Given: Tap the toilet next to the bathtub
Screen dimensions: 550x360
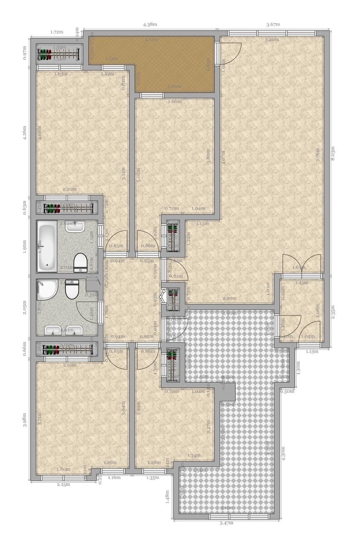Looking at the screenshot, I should [x=80, y=262].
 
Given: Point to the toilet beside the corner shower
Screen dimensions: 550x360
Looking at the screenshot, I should [x=72, y=290].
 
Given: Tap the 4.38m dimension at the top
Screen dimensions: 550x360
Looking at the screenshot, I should [x=150, y=24].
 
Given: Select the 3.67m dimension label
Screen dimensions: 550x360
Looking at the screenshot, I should [x=273, y=24].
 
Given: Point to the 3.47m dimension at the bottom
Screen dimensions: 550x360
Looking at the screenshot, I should [x=227, y=522].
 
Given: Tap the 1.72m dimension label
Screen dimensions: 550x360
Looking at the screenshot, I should [x=56, y=32].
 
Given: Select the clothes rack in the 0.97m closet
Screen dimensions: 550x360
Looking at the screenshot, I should [x=58, y=53].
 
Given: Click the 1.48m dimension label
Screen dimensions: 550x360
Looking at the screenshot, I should [x=168, y=495].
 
